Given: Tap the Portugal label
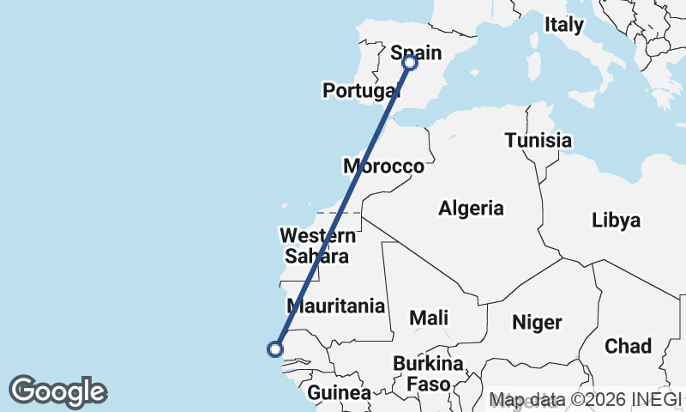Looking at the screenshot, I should point(361,90).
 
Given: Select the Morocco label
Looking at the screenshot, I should point(383,166).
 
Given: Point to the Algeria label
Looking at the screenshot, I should point(471,208).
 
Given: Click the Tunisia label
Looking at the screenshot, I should point(538,140).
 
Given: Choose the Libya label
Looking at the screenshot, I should point(616,221).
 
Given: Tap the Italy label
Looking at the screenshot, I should point(563,25).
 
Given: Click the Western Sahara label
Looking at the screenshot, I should point(317,245).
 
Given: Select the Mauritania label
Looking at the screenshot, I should point(336,306).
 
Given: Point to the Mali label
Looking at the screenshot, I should point(428,318).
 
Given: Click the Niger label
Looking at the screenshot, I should point(537,323).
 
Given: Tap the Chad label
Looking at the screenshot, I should point(628,346).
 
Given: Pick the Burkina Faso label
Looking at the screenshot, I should point(428,373).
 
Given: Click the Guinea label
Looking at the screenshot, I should point(340,393).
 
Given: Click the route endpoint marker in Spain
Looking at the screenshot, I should point(410,62).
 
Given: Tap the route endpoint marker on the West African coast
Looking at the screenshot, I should point(275,348).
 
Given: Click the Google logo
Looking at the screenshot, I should point(57,391).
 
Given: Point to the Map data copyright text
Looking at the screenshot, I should point(585,399).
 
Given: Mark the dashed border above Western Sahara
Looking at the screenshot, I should point(339,213).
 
